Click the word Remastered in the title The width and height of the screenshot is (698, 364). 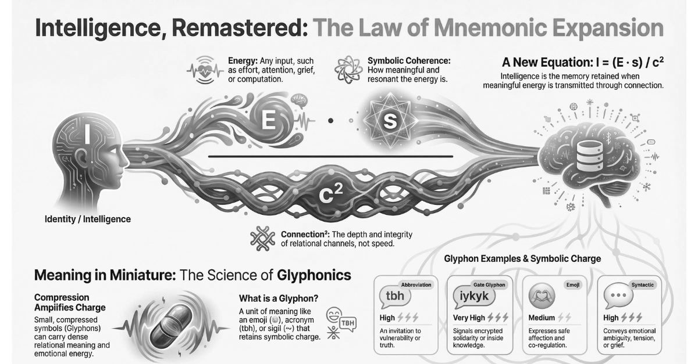240,28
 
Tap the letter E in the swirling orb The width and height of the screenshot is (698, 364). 269,120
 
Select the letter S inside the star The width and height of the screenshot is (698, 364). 390,121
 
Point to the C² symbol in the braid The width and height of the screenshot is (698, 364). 331,193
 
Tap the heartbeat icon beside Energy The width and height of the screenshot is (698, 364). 205,70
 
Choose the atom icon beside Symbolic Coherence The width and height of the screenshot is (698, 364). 348,70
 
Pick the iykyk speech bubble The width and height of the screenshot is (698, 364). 474,296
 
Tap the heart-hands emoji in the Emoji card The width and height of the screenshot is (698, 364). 542,295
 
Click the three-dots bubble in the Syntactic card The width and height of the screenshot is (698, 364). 618,295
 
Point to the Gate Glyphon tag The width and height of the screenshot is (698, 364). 489,284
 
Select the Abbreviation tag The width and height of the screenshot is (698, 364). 416,284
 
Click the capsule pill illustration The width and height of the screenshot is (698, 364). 171,326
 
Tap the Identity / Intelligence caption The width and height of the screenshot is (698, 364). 88,219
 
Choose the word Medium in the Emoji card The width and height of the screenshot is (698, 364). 542,318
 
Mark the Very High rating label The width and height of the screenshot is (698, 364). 469,318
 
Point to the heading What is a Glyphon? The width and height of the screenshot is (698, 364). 279,298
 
